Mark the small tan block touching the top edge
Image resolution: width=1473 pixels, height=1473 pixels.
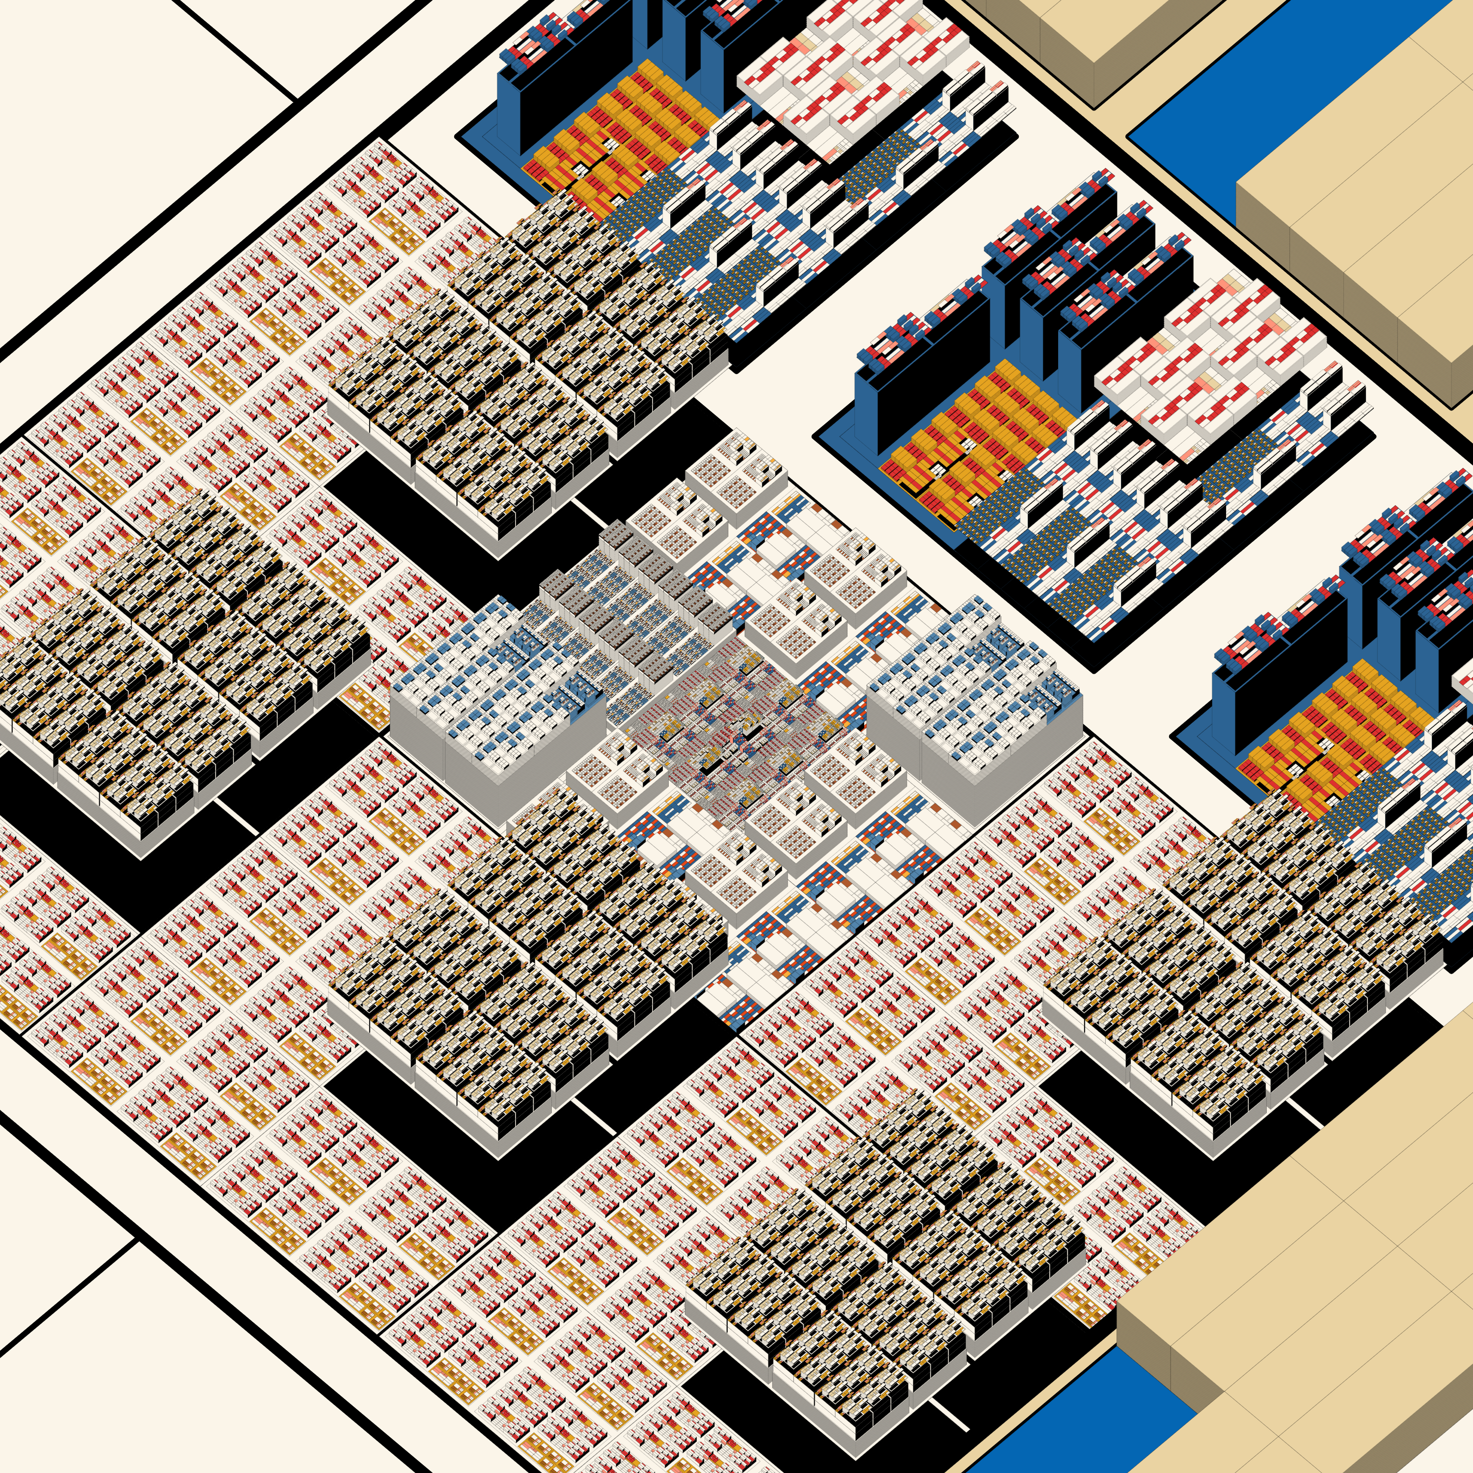(x=1098, y=30)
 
